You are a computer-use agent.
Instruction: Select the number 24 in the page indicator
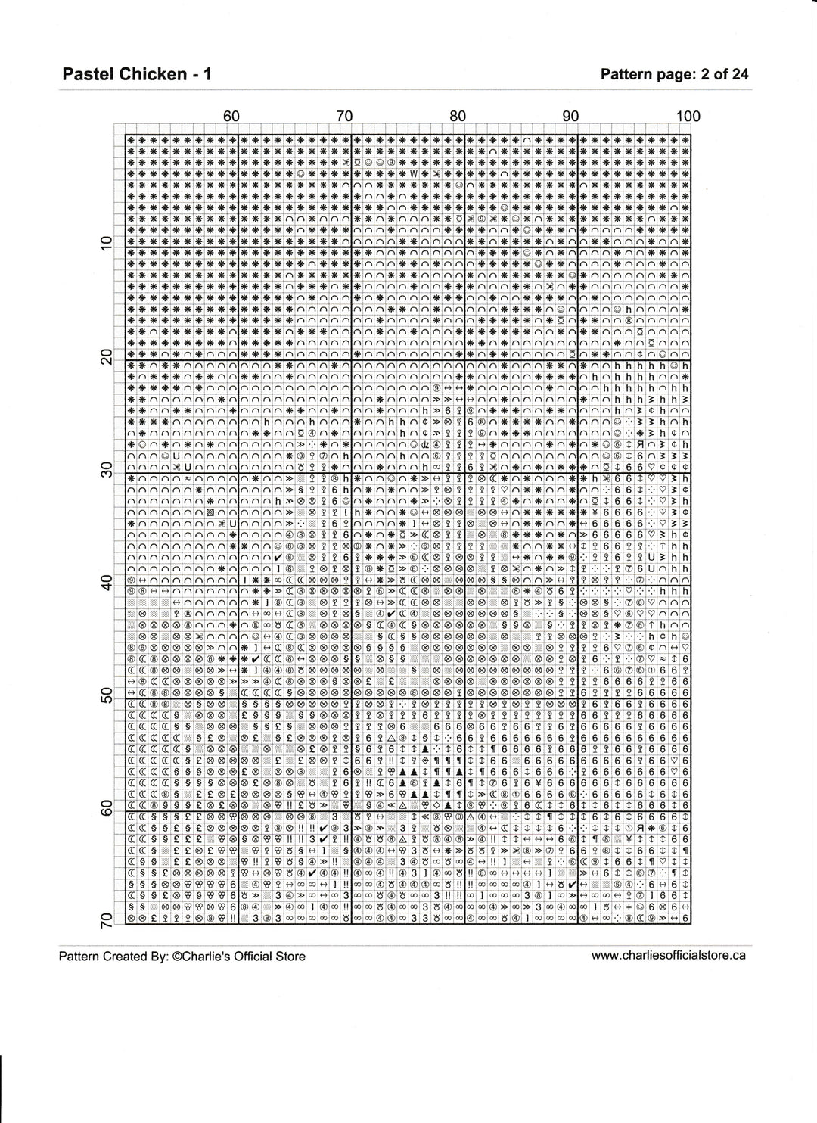740,73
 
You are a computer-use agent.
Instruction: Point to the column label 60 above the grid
231,116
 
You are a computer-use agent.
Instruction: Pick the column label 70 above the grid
344,116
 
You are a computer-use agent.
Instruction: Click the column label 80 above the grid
458,116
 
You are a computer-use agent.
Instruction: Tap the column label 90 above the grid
571,116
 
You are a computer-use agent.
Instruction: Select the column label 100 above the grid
688,116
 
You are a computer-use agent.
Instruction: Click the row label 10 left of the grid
107,242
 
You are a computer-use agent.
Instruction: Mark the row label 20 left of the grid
107,356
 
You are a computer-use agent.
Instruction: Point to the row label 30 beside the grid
107,469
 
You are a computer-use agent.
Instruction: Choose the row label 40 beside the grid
107,583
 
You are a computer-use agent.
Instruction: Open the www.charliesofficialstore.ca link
668,955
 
